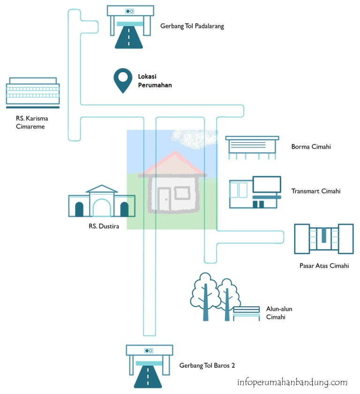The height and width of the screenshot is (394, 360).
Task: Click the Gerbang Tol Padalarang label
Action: (x=192, y=26)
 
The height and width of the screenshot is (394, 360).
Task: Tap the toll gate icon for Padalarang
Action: (x=129, y=27)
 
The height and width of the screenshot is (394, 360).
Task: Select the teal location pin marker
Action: (x=123, y=80)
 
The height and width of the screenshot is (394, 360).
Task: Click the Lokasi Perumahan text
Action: (x=155, y=81)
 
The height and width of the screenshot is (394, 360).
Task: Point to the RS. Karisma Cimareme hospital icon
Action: (x=32, y=92)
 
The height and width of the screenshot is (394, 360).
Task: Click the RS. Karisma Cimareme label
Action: (x=32, y=122)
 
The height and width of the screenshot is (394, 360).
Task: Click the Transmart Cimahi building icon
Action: (x=255, y=192)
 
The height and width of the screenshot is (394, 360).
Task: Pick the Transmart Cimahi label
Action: (x=315, y=191)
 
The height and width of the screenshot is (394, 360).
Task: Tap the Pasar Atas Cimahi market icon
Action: (x=323, y=239)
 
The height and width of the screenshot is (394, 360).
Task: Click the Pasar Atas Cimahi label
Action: (x=324, y=266)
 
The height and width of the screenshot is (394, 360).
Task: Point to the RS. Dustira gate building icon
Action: (x=98, y=202)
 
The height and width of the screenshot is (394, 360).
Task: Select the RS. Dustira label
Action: (x=103, y=227)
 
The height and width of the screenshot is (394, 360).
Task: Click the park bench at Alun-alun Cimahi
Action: (x=247, y=313)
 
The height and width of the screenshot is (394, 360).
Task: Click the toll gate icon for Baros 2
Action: (x=149, y=366)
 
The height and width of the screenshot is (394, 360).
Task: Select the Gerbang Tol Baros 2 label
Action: (x=207, y=365)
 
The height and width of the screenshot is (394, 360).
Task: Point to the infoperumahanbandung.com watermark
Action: (x=292, y=382)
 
